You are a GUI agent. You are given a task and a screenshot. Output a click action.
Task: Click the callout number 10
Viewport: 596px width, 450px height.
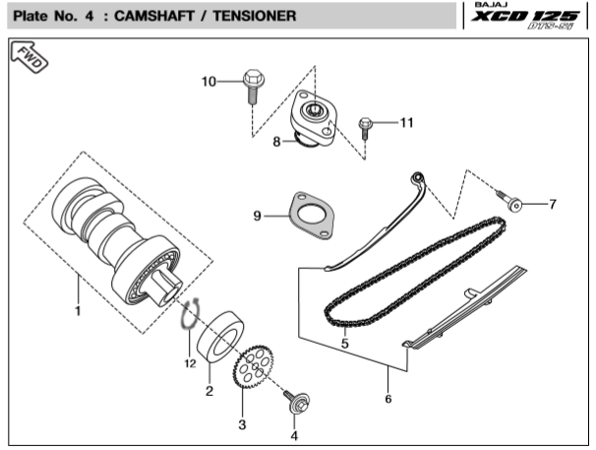pos(208,81)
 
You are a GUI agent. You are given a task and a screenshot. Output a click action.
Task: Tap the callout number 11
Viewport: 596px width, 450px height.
pos(407,122)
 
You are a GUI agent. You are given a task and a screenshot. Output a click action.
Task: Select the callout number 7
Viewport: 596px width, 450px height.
pos(552,205)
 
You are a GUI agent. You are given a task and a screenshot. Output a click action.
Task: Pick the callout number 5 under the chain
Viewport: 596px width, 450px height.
pos(345,344)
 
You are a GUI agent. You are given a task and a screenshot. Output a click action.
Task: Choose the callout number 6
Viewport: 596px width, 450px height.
pos(387,399)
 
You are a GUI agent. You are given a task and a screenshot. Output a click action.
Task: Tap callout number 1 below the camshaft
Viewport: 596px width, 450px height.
pos(78,312)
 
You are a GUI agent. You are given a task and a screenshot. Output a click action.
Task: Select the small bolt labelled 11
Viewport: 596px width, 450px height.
pos(367,125)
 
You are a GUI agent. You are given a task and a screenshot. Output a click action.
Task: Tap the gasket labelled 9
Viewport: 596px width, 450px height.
pos(309,217)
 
